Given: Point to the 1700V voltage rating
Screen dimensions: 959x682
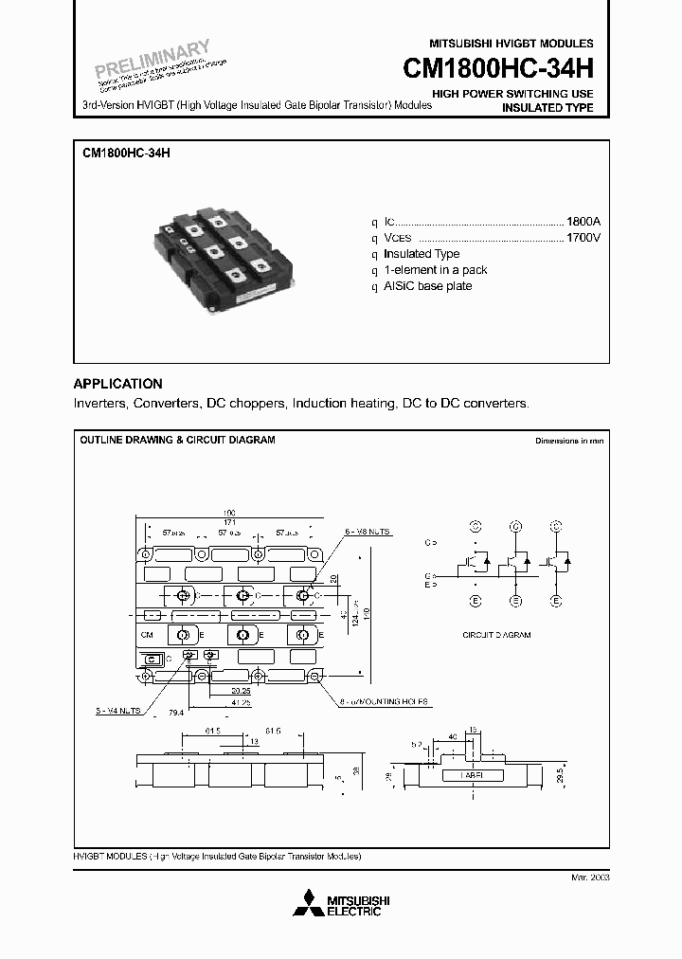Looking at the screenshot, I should tap(583, 238).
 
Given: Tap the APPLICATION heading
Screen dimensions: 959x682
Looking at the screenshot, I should tap(117, 384).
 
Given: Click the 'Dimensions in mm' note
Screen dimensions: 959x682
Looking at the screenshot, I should tap(568, 442).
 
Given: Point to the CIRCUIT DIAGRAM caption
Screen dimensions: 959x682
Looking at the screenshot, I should tap(496, 634).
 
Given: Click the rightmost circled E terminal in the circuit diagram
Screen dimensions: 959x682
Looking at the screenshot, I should tap(558, 601).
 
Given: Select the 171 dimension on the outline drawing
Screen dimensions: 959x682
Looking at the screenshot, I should tap(230, 522).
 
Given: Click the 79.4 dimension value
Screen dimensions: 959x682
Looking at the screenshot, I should tap(175, 711).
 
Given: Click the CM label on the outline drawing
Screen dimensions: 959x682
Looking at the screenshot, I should tap(147, 635).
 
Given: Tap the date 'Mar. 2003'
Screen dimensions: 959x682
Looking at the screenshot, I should tap(591, 878).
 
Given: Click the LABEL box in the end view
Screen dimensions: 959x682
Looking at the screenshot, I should tap(473, 774).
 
